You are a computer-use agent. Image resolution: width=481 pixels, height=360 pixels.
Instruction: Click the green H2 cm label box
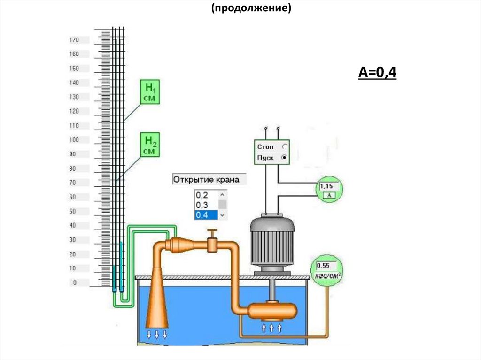pos(151,144)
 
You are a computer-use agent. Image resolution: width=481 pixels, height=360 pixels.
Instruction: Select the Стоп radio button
pos(284,147)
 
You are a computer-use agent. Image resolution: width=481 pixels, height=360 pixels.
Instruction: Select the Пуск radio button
pos(284,158)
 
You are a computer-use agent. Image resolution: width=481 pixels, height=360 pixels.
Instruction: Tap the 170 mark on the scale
pos(74,40)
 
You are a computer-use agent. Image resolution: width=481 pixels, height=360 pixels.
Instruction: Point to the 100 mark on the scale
pos(74,140)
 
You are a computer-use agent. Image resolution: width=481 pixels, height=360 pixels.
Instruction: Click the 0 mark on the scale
pos(74,283)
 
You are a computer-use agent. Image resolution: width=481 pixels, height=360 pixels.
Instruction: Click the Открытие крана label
pos(206,179)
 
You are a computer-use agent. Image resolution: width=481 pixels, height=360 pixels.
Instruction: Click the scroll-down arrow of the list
pos(223,215)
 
